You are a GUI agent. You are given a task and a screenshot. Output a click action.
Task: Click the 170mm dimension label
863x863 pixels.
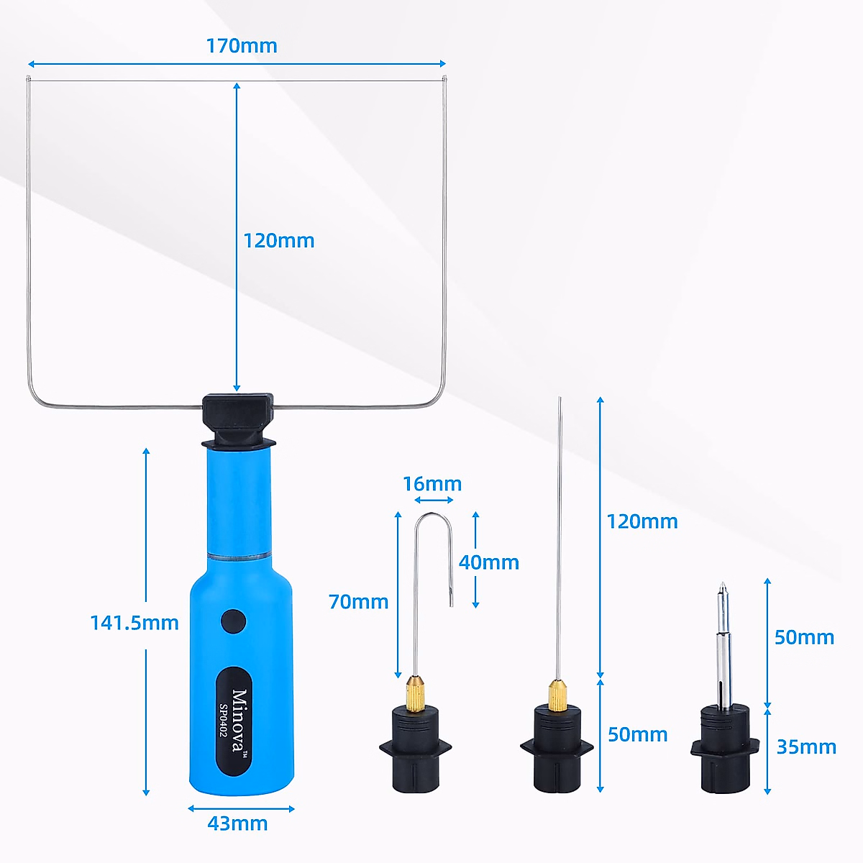pos(242,46)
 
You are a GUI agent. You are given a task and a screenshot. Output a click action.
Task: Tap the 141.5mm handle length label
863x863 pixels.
pos(134,622)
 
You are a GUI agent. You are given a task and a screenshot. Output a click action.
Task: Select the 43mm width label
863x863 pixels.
pos(237,823)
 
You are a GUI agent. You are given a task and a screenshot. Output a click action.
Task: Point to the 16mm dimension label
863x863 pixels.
pos(432,484)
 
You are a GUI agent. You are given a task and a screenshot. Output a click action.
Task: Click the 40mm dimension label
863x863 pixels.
pos(489,562)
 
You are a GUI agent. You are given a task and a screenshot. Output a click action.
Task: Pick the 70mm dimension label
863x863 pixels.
pos(358,601)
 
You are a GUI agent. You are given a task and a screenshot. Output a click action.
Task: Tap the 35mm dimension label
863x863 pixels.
pos(806,747)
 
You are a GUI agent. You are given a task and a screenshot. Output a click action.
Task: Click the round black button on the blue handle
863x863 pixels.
pos(234,621)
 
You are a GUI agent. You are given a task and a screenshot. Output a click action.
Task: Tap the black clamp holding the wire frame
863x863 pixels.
pos(237,421)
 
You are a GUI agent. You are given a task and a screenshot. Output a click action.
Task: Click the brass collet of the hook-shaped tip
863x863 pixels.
pos(414,692)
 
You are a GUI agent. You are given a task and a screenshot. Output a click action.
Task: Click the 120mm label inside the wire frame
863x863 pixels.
pos(279,240)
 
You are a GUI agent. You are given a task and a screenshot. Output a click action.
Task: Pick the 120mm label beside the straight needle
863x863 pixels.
pos(642,521)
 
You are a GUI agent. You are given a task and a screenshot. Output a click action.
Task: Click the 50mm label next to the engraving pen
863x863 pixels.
pos(804,637)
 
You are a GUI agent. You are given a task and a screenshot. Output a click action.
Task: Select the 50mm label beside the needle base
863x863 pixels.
pos(638,734)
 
